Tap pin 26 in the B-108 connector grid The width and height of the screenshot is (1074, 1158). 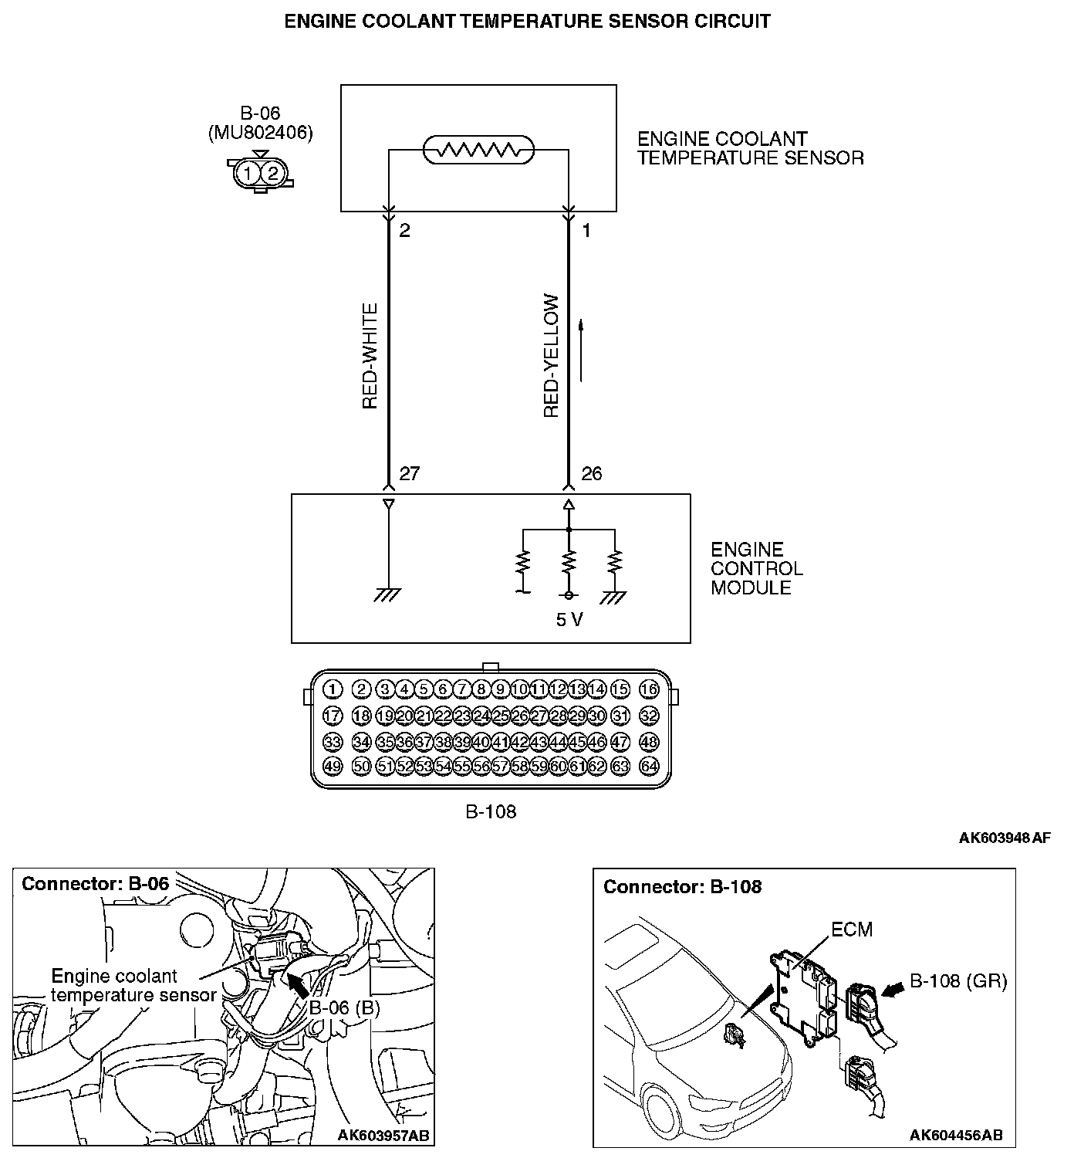(x=519, y=716)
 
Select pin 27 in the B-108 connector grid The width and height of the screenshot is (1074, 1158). (x=539, y=716)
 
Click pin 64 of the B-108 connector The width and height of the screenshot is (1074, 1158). (x=649, y=767)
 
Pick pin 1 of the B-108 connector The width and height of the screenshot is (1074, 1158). (x=333, y=689)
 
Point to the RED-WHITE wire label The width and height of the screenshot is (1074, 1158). (x=370, y=356)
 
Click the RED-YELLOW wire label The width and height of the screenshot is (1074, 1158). (x=551, y=356)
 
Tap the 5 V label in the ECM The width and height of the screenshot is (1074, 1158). (x=569, y=620)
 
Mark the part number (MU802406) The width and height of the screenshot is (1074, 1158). (x=261, y=133)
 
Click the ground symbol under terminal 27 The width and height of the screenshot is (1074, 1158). (x=388, y=594)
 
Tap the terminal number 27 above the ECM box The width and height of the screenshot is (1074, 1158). (x=409, y=474)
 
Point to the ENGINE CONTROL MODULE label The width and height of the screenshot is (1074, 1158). (x=756, y=569)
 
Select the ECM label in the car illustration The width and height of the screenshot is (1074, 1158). (x=852, y=929)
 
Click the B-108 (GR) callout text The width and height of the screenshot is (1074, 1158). (x=958, y=981)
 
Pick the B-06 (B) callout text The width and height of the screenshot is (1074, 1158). (x=345, y=1008)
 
